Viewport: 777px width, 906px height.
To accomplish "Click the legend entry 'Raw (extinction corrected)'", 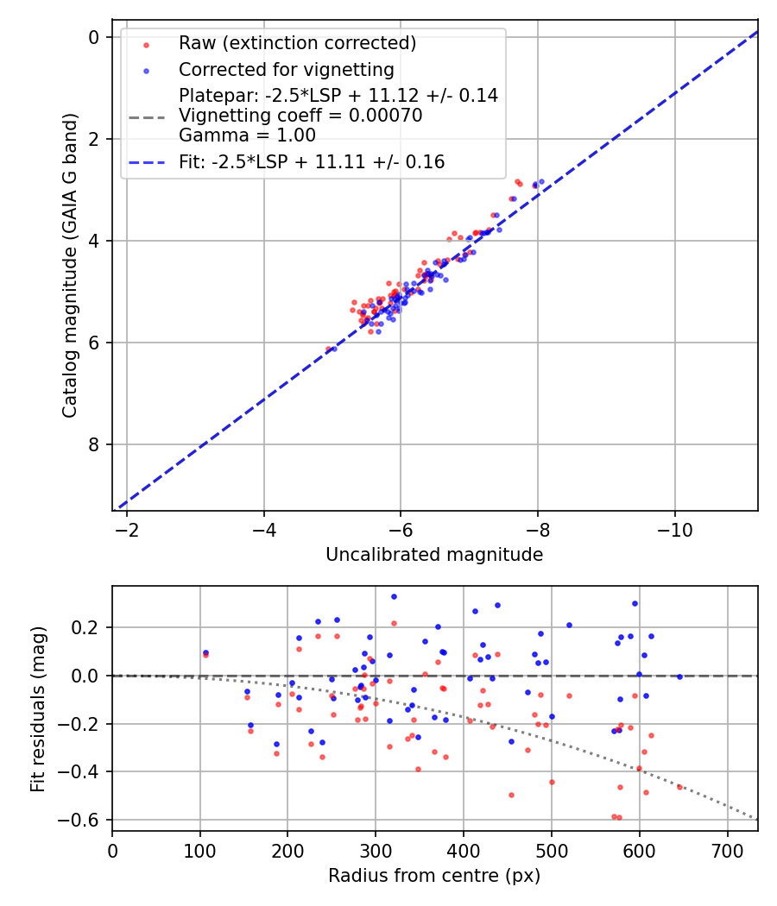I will pos(297,43).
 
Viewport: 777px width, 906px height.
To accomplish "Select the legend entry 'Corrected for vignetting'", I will pos(286,69).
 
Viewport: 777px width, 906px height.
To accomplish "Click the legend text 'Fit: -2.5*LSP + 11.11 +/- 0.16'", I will pos(312,161).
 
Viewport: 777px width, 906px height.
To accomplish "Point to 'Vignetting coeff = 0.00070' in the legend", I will pos(300,116).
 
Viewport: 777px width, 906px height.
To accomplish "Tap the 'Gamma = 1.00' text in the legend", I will pos(247,135).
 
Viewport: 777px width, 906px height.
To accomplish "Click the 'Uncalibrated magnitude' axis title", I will pos(434,555).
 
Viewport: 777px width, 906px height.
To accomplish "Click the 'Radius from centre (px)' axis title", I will pos(434,876).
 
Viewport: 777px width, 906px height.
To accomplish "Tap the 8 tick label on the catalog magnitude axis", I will pos(93,444).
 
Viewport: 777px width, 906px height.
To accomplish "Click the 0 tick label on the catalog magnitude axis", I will pos(93,36).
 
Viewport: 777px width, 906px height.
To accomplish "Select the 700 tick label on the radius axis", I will pos(728,850).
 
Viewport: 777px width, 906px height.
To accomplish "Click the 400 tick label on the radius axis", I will pos(464,850).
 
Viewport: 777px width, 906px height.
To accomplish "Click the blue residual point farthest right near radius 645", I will pos(679,676).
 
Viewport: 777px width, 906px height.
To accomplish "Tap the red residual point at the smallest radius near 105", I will pos(205,655).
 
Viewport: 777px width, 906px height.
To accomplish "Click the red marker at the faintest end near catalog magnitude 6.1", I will pos(327,349).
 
